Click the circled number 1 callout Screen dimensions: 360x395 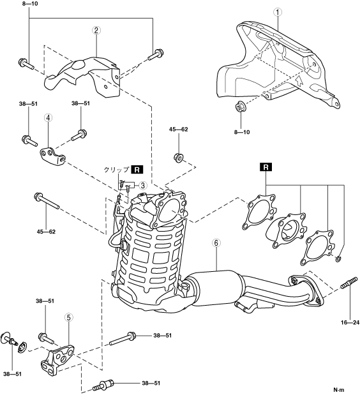click(x=278, y=12)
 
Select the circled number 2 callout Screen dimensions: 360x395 click(x=96, y=31)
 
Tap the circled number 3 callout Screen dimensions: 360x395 click(x=142, y=186)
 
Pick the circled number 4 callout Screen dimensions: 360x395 click(x=48, y=117)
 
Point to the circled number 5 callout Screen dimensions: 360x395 click(x=69, y=318)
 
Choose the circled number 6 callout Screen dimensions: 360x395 click(x=216, y=243)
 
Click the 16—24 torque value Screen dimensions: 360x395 click(x=350, y=322)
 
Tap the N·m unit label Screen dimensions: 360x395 click(x=338, y=390)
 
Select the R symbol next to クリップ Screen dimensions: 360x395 click(x=137, y=170)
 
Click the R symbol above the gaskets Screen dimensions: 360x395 click(x=266, y=167)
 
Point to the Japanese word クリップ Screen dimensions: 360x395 click(x=116, y=170)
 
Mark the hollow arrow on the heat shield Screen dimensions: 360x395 click(x=298, y=81)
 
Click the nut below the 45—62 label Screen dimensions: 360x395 click(x=178, y=158)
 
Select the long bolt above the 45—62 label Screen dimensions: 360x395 click(x=47, y=200)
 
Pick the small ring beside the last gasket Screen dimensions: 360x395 click(x=339, y=258)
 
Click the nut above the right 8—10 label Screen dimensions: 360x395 click(x=241, y=107)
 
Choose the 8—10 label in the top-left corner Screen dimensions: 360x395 click(x=30, y=4)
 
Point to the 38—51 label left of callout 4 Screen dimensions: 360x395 click(x=28, y=103)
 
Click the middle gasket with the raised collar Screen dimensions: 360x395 click(x=287, y=230)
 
